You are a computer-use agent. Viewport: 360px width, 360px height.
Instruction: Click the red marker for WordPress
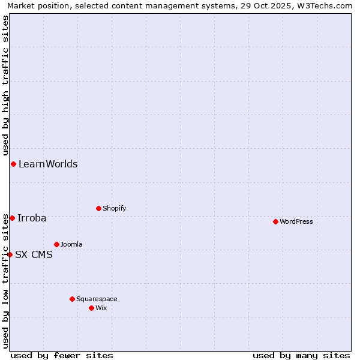275,221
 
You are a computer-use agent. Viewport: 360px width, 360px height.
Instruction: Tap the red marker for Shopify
98,208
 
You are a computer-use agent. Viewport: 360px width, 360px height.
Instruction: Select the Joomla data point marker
56,244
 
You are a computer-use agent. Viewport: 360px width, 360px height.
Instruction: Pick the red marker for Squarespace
72,299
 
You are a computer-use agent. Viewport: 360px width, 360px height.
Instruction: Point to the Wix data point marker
91,308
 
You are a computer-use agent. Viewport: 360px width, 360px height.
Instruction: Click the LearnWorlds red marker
13,164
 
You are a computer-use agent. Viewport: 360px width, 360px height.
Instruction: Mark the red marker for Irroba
12,218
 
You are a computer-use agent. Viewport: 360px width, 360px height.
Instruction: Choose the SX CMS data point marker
10,254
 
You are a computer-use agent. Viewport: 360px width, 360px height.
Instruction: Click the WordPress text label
296,221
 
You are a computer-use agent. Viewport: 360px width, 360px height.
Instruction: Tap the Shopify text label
115,208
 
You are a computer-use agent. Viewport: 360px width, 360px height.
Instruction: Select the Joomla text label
71,244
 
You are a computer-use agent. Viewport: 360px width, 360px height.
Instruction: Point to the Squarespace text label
97,299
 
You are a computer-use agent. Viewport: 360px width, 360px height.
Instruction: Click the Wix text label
101,308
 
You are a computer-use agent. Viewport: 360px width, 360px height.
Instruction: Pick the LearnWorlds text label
48,164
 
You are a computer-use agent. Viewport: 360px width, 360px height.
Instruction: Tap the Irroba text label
32,218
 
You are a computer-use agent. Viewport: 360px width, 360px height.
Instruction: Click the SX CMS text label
34,254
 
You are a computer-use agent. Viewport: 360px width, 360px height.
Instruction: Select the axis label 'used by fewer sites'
62,355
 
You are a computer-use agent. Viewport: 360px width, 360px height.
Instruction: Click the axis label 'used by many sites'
301,355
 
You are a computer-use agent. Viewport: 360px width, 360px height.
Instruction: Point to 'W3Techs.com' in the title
328,6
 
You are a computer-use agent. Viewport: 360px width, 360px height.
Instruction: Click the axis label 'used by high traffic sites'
6,86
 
